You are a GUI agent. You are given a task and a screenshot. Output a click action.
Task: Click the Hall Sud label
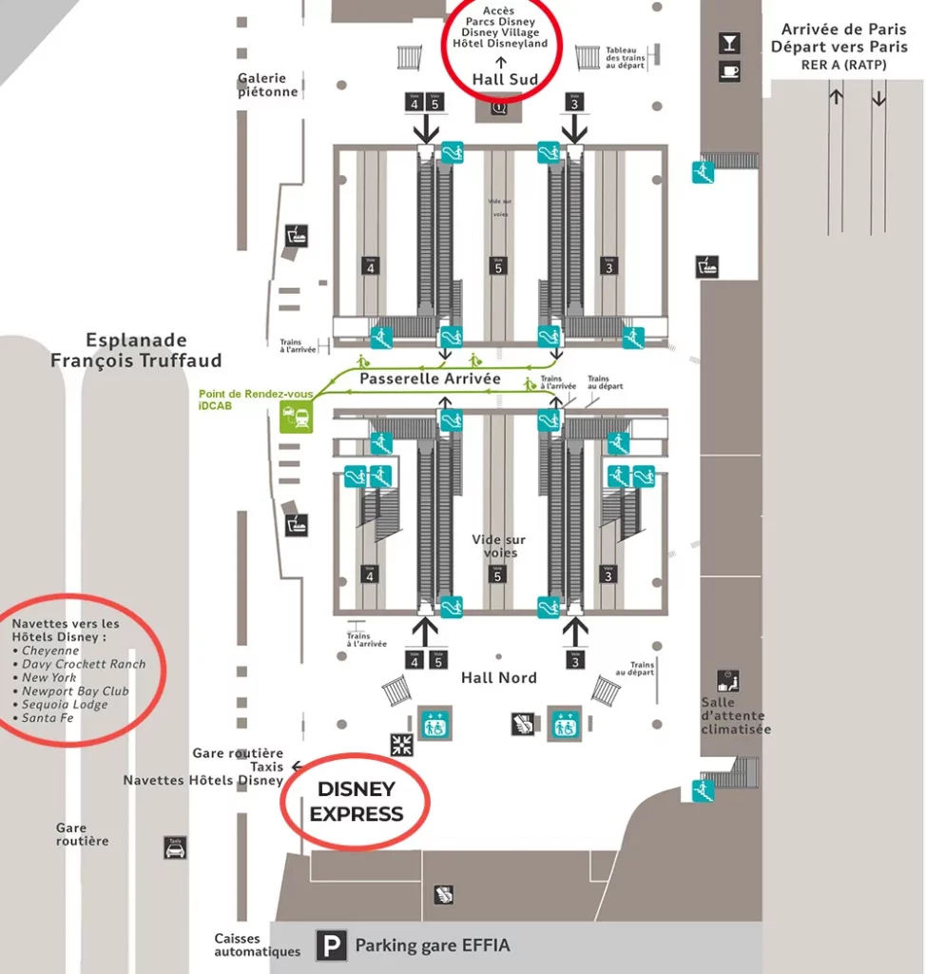pyautogui.click(x=505, y=80)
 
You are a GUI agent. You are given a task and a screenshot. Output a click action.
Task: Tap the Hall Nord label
pyautogui.click(x=499, y=677)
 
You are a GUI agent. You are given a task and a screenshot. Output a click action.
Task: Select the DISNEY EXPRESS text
pyautogui.click(x=357, y=802)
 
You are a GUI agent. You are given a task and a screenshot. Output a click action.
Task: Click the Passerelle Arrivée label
pyautogui.click(x=430, y=379)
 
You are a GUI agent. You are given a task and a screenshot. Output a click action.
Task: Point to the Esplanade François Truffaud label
pyautogui.click(x=136, y=350)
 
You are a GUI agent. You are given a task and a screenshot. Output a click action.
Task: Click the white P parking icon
pyautogui.click(x=331, y=945)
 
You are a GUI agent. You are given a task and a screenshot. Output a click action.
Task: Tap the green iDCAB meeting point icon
pyautogui.click(x=296, y=417)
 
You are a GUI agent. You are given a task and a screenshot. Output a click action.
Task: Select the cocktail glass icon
pyautogui.click(x=729, y=44)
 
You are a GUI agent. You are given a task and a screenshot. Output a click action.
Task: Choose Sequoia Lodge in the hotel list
pyautogui.click(x=65, y=705)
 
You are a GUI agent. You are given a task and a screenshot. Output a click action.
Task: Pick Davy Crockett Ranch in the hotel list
pyautogui.click(x=84, y=664)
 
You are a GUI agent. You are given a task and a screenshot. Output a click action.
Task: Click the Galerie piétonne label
pyautogui.click(x=268, y=86)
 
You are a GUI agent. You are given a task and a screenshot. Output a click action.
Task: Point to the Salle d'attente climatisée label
pyautogui.click(x=736, y=715)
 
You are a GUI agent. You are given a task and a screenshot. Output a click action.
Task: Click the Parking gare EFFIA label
pyautogui.click(x=433, y=945)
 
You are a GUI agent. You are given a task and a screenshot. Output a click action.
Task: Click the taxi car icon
pyautogui.click(x=175, y=847)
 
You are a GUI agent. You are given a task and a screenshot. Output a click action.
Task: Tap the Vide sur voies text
pyautogui.click(x=499, y=546)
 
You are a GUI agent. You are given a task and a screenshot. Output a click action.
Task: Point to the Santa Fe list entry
pyautogui.click(x=48, y=718)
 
